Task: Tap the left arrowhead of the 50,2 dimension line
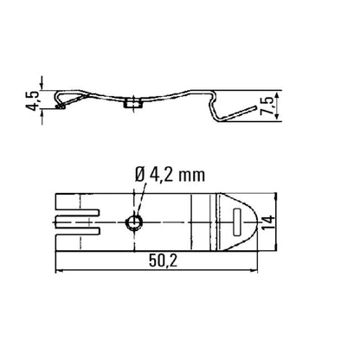coord(58,271)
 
